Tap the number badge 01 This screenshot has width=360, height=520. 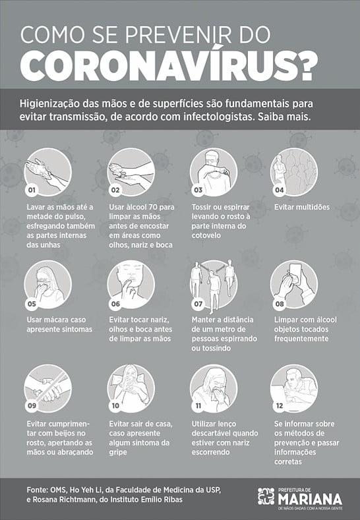coord(32,190)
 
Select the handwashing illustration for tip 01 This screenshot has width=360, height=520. coord(47,172)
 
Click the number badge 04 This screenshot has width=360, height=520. coord(280,190)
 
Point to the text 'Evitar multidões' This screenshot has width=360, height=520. coord(302,207)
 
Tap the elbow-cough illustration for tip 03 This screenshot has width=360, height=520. coord(214,172)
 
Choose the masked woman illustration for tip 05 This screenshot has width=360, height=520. coord(47,285)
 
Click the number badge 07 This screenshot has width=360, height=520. coord(198,304)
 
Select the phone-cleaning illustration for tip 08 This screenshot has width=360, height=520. coord(294,285)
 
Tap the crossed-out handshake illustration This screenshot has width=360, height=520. coord(47,388)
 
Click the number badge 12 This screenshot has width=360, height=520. coord(280,405)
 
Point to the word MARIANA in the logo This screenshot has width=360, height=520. coord(311,499)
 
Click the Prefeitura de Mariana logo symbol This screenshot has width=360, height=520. coord(266,496)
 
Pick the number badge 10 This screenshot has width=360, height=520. coord(115,405)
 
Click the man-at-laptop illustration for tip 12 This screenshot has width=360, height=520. coord(294,388)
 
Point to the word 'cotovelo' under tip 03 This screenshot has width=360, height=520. coord(206,235)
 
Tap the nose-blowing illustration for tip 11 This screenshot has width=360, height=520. coord(214,388)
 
